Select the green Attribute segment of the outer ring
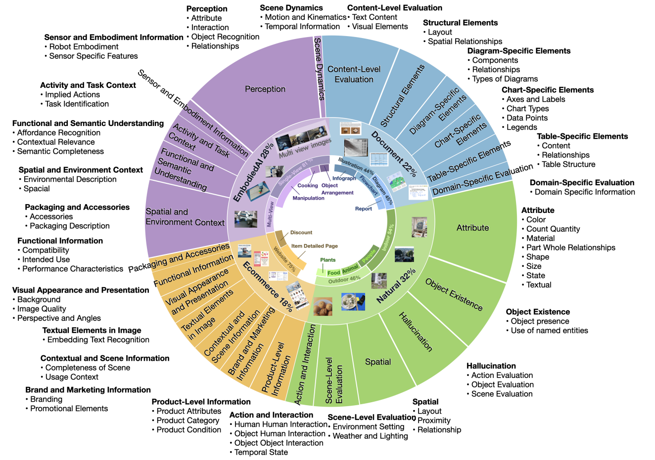tap(472, 228)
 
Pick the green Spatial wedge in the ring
tap(378, 362)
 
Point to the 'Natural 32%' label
tap(396, 286)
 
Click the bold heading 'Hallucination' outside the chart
tap(491, 366)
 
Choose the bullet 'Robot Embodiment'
tap(84, 47)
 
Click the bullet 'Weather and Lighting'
tap(370, 436)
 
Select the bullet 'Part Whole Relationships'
tap(571, 248)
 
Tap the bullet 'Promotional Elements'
tap(69, 409)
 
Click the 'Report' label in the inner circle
tap(363, 209)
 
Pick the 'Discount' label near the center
tap(301, 232)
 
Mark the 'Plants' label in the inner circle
tap(327, 260)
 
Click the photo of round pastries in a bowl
tap(323, 306)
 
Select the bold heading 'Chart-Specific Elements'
tap(547, 90)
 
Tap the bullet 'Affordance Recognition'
tap(58, 133)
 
